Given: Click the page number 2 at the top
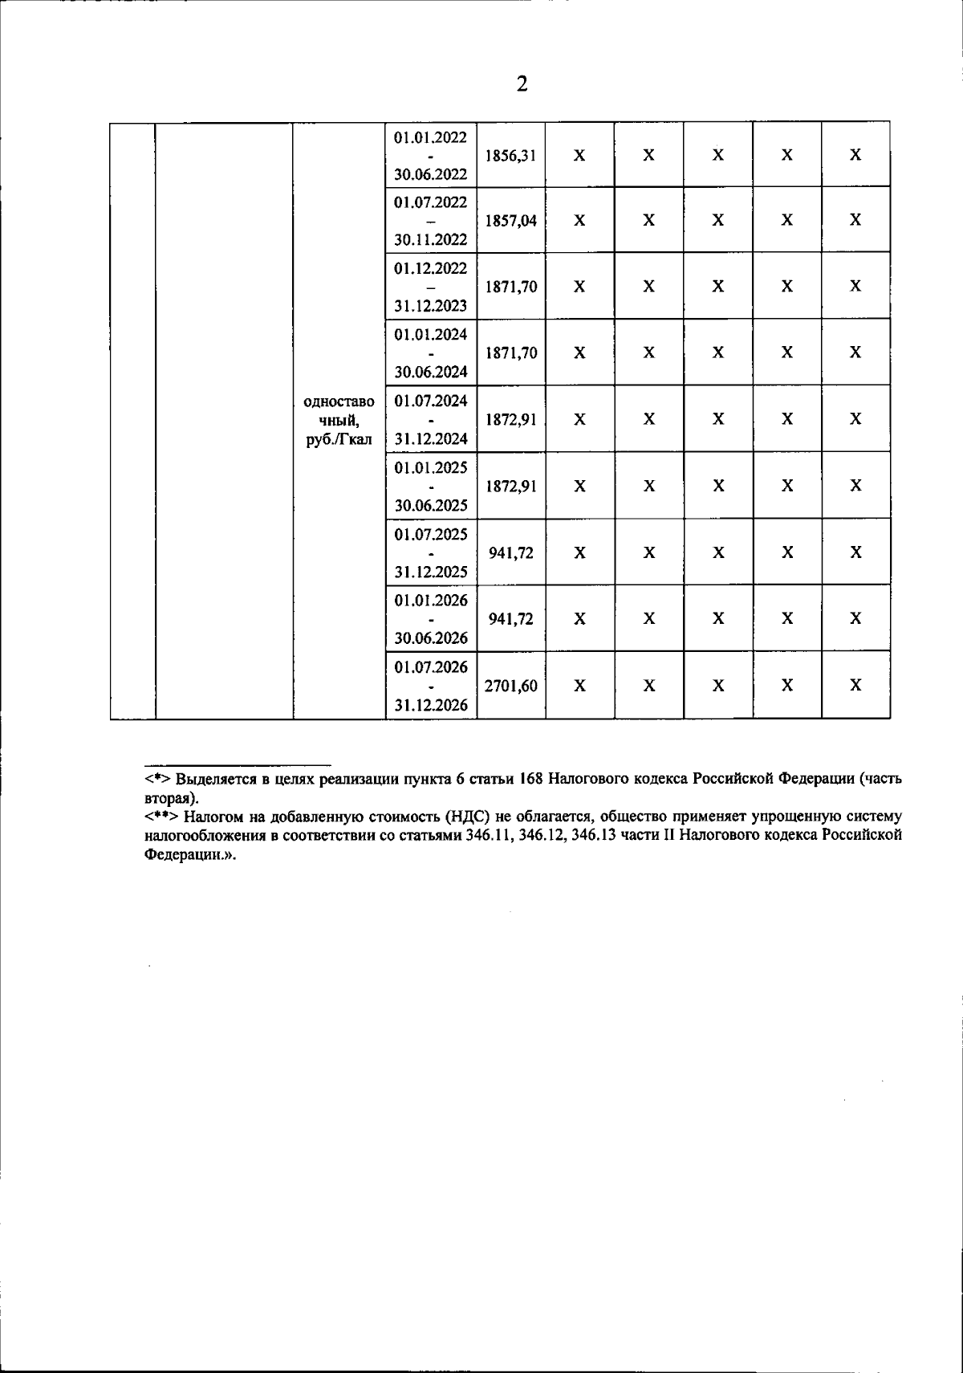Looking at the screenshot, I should (x=522, y=84).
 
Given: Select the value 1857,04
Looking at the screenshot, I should (x=511, y=221).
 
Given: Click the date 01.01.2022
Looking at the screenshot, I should (x=430, y=137).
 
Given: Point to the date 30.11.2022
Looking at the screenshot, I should (x=430, y=240).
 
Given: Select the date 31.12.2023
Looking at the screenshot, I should (x=430, y=306).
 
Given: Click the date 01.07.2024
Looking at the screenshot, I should (x=430, y=401).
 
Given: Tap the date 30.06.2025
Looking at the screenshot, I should (x=430, y=506).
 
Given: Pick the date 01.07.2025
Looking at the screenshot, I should (x=430, y=534).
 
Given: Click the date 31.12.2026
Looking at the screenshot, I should (x=430, y=706).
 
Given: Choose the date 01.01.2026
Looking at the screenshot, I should (x=430, y=601).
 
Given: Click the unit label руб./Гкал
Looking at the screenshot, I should (x=339, y=440).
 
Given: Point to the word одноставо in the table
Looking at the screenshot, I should (x=339, y=402).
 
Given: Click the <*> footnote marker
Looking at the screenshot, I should (x=157, y=780).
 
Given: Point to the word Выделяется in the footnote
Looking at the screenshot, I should (x=213, y=780).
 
